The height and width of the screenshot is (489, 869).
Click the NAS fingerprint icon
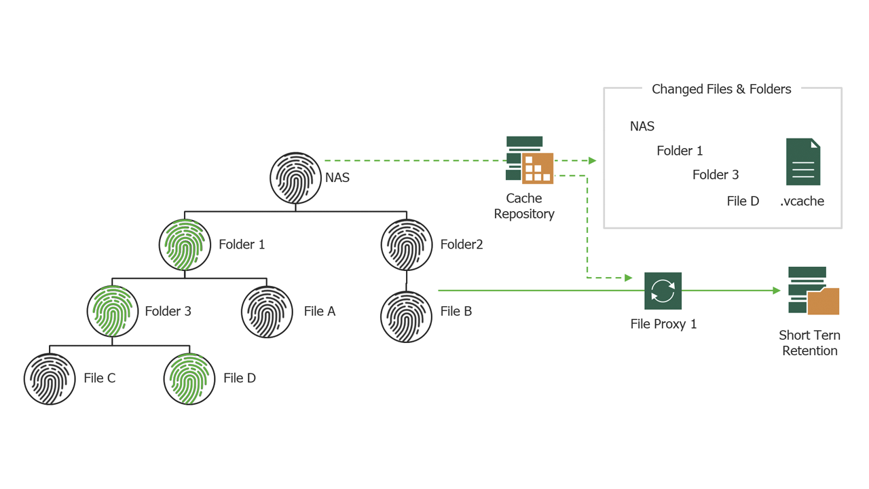pos(295,178)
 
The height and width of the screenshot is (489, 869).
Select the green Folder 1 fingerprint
pos(185,244)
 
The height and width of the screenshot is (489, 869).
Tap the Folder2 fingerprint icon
pos(407,244)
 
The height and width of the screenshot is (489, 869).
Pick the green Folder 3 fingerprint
pos(113,311)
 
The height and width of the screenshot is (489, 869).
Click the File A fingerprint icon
pos(267,311)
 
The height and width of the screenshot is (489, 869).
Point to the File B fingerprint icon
pos(407,316)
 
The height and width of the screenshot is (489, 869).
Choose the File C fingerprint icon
pos(50,378)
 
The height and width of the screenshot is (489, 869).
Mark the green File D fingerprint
pos(189,378)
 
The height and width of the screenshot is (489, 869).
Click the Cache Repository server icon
pos(530,160)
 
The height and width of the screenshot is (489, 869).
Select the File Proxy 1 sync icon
pos(663,291)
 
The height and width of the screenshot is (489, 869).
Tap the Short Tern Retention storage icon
pos(813,291)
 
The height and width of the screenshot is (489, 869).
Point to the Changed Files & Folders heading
pos(721,89)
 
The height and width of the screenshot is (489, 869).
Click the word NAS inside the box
pos(642,126)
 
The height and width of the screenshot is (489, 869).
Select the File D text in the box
pos(743,201)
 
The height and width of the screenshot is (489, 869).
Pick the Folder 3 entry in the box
pos(716,175)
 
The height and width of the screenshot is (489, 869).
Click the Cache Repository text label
pos(524,206)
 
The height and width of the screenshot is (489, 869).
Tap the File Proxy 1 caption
pos(663,324)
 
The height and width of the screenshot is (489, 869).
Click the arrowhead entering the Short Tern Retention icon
pos(777,291)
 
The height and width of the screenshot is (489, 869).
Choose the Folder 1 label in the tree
pos(242,244)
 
